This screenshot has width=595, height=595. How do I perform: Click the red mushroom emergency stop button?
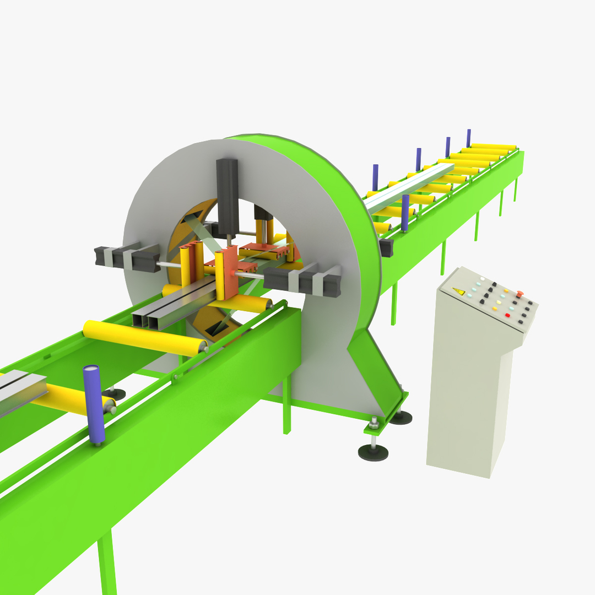[x=519, y=293]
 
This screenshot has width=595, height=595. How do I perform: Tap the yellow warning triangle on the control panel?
[x=458, y=291]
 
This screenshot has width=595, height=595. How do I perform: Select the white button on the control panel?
[x=482, y=279]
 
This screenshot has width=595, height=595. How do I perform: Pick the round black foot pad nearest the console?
[x=401, y=417]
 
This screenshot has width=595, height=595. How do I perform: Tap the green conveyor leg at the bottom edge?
[x=107, y=562]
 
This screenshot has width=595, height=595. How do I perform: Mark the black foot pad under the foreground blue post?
[x=116, y=394]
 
